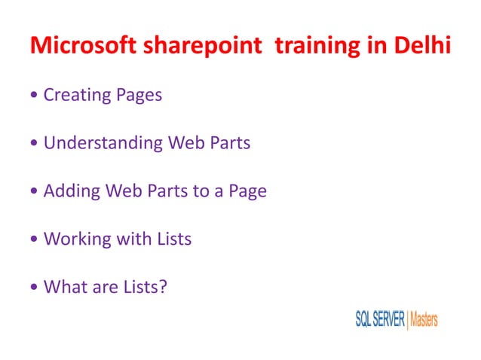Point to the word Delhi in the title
coord(422,46)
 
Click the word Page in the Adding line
coord(245,191)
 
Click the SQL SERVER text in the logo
coord(379,319)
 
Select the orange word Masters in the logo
coord(424,319)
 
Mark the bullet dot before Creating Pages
coord(35,96)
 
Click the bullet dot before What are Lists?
coord(35,288)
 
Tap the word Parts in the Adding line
coord(169,191)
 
